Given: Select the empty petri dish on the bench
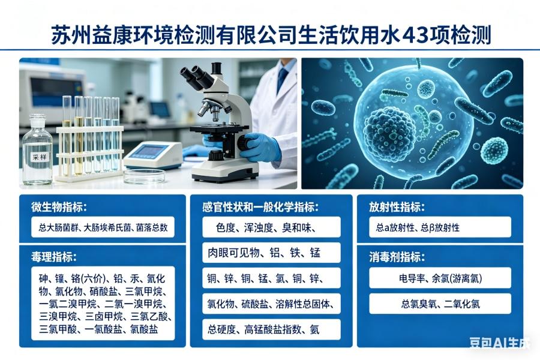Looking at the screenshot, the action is click(144, 175).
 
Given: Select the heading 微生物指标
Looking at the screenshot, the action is click(59, 207).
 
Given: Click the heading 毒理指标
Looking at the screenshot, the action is click(54, 257).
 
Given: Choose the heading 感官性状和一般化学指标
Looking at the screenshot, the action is click(260, 207).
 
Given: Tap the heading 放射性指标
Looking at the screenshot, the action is click(397, 207).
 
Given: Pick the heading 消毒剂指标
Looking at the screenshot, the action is click(397, 257).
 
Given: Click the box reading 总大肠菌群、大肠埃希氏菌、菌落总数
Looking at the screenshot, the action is click(103, 227).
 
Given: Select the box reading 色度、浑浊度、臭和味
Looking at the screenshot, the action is click(271, 227).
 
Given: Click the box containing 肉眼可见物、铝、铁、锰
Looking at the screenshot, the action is click(271, 253).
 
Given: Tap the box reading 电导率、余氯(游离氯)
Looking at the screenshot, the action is click(440, 278).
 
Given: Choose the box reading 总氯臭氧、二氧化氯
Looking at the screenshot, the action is click(440, 304).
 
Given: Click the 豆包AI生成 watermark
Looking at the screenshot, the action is click(499, 343).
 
